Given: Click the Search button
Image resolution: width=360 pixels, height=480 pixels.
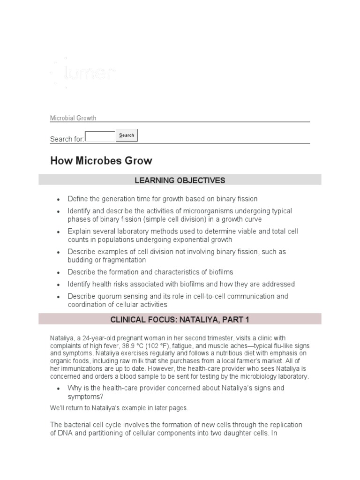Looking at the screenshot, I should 127,135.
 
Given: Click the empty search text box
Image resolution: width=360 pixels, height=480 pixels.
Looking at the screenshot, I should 100,136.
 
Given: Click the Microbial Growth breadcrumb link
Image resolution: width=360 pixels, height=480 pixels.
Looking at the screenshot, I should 73,118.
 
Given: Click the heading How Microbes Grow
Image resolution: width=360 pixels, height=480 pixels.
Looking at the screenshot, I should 101,161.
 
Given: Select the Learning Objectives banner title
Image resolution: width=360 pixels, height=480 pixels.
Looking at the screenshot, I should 180,180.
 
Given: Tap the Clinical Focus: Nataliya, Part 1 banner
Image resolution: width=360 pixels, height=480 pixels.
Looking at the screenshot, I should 180,320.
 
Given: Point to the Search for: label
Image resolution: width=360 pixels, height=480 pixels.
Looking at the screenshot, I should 67,139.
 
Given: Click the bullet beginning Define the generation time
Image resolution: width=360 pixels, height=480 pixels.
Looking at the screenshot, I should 162,199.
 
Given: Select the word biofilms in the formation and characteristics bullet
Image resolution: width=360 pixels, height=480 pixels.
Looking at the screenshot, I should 220,272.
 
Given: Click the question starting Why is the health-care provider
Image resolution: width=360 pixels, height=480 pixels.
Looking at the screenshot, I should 176,392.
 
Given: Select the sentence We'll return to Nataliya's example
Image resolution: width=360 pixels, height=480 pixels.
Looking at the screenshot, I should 119,408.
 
